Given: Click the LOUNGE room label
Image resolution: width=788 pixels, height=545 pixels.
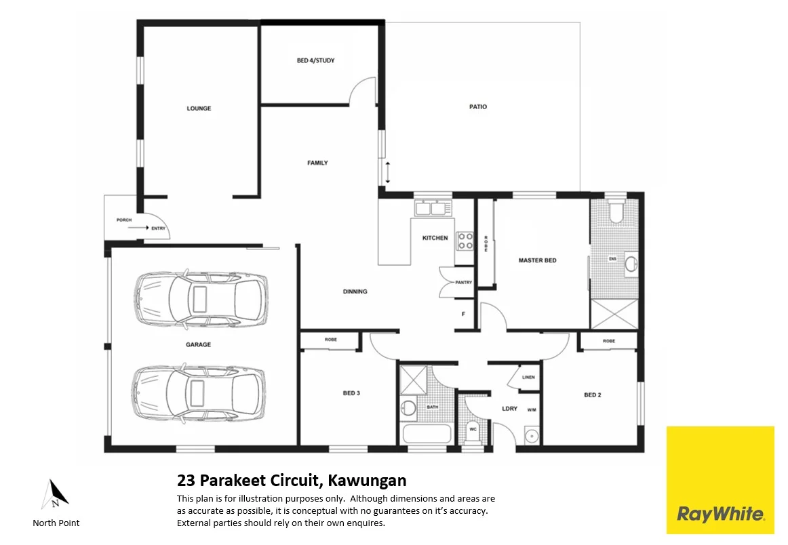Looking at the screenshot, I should click(199, 108).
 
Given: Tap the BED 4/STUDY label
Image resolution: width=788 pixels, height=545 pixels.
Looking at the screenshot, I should click(315, 60).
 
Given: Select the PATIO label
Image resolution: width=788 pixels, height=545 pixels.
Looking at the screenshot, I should click(478, 106).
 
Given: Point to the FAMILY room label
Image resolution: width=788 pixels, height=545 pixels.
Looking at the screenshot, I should click(317, 163).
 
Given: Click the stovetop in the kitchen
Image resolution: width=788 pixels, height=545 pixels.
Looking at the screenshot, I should click(465, 240).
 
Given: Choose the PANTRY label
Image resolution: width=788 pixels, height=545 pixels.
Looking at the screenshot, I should click(464, 282).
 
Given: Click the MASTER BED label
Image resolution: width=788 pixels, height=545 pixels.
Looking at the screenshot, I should click(537, 260).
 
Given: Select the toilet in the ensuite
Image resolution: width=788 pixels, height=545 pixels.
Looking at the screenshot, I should click(615, 213).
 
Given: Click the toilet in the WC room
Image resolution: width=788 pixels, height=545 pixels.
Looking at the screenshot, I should click(473, 429).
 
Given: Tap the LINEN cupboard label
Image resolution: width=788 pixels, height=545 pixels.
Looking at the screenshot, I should click(529, 378).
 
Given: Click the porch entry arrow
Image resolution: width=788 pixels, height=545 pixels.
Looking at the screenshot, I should click(138, 228).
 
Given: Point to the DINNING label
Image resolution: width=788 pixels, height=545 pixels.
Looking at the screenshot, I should click(355, 291).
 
